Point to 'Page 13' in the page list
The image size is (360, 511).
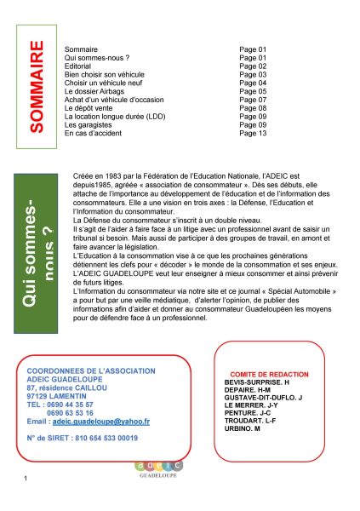coord(254,134)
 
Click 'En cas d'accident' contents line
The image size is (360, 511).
coord(95,134)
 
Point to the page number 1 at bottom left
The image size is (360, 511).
coord(28,485)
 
